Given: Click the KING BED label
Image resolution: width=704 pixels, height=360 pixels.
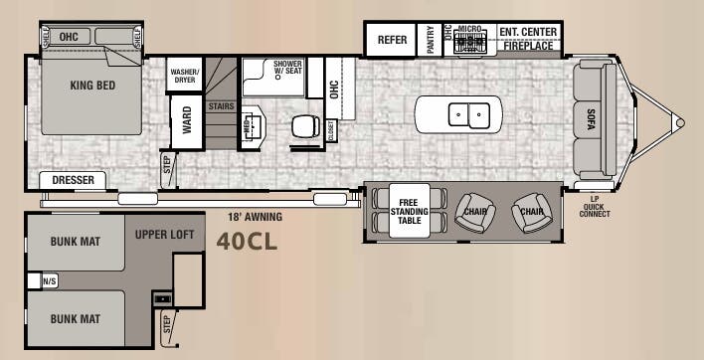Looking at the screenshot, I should coord(92,86).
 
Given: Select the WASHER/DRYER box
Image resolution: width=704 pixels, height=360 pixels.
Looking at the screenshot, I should coord(185,75).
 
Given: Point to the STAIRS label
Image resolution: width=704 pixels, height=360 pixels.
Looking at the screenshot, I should coord(221,104).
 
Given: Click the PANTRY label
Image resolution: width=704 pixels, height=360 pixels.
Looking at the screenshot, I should coord(430,41).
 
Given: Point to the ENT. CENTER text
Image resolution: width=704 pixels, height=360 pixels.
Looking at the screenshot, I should coord(528,32).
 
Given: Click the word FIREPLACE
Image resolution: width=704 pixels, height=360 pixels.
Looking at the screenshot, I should coord(528,46).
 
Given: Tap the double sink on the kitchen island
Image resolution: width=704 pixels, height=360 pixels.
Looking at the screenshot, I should coord(463,113).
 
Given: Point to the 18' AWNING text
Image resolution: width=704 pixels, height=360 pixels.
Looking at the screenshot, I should coord(255,216).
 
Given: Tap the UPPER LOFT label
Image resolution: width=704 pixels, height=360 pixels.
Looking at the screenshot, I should coord(166,235).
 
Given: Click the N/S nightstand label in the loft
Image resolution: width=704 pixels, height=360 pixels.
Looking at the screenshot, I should coord(50,281).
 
